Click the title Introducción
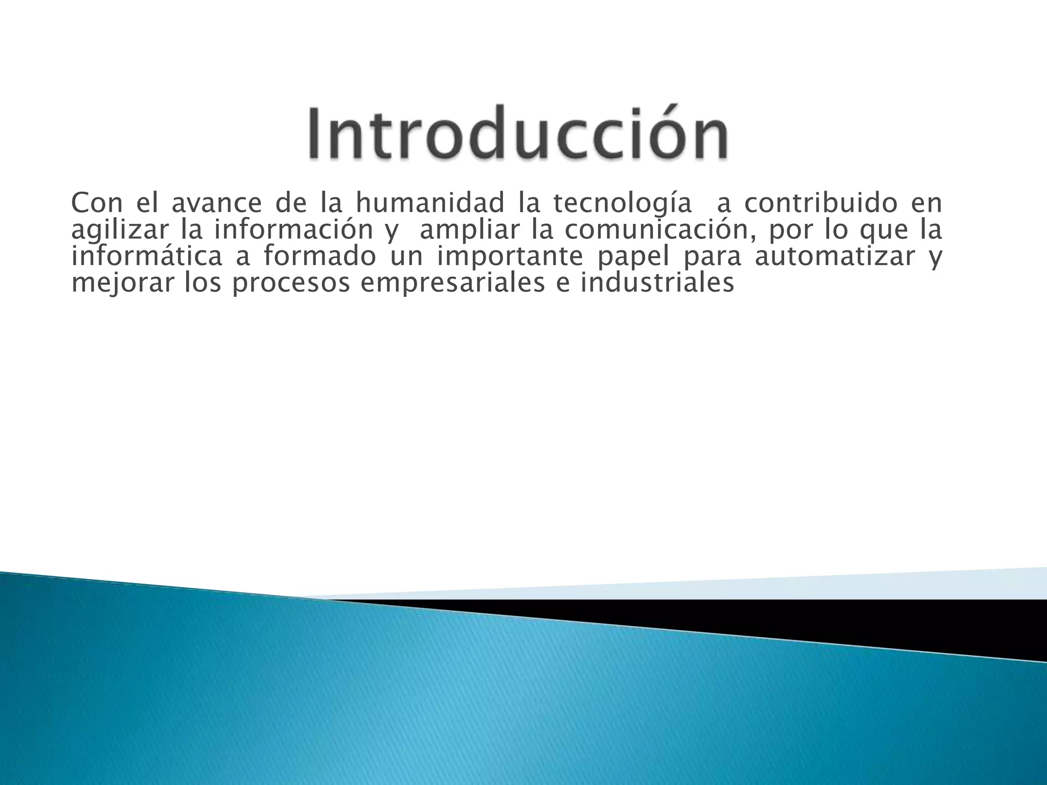[x=517, y=133]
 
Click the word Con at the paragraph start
[x=97, y=203]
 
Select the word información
[x=293, y=230]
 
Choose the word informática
[x=147, y=257]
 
